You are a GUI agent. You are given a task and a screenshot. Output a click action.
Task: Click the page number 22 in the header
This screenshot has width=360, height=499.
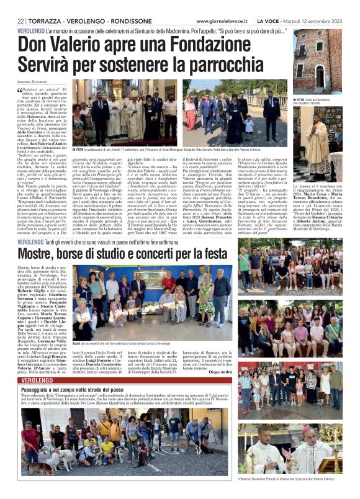pyautogui.click(x=21, y=20)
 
